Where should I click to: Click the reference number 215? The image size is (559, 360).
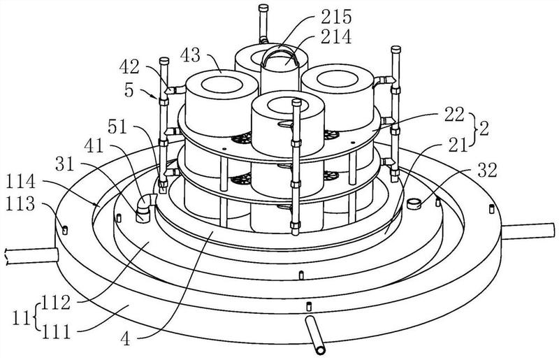336,16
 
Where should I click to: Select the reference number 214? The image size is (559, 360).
336,37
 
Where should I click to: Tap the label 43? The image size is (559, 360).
190,55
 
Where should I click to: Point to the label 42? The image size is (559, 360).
129,66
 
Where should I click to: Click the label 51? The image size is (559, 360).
117,127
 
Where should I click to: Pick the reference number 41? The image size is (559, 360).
94,146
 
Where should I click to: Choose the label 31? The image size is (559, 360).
65,164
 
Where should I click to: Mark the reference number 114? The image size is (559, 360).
21,182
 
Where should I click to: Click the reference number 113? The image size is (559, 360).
20,204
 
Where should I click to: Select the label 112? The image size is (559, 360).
56,303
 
